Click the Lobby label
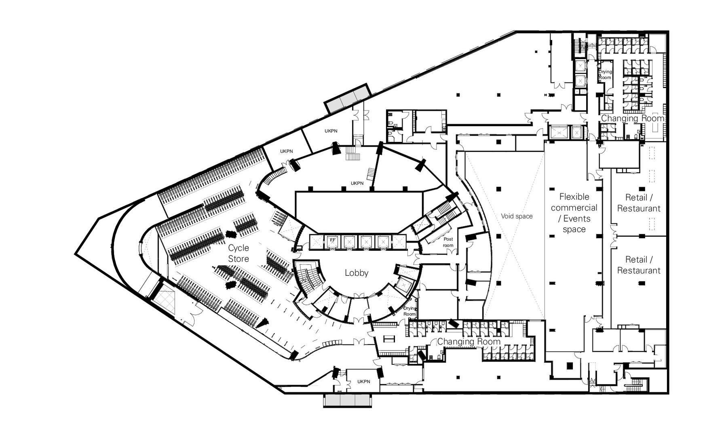coord(356,273)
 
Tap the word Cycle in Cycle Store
coord(238,248)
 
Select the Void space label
coord(517,216)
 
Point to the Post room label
coord(448,242)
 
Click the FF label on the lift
coord(333,240)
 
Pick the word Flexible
coord(574,197)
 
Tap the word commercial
coord(574,208)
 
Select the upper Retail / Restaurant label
coord(639,203)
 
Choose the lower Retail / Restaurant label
coord(639,265)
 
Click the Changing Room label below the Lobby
coord(469,342)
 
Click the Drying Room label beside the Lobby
coord(409,311)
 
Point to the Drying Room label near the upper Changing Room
coord(605,74)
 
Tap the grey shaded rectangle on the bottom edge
coord(348,400)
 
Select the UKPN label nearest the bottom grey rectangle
coord(363,381)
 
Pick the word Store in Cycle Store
coord(238,259)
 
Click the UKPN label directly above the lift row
coord(357,183)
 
